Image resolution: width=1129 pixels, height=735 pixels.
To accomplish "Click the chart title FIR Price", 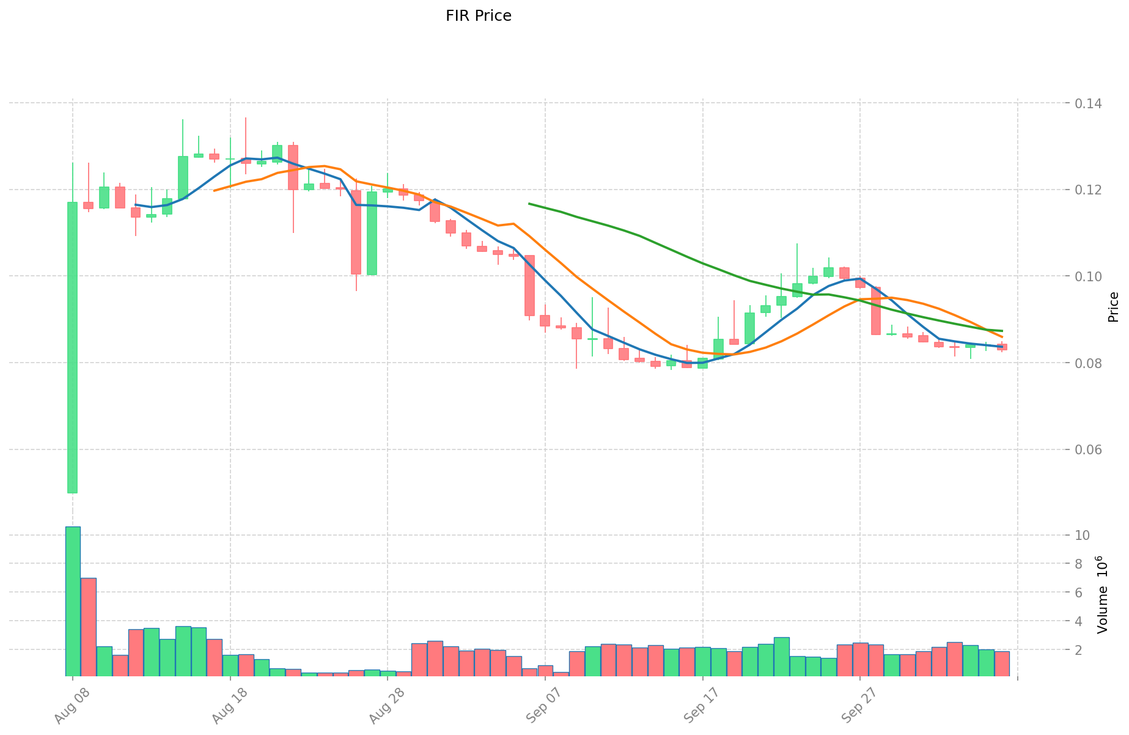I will pos(478,16).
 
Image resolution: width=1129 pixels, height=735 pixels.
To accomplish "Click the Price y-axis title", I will pos(1113,307).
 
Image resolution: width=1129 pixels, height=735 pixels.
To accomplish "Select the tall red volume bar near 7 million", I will pos(89,627).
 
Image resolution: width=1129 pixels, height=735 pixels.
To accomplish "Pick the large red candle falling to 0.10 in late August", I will pos(356,232).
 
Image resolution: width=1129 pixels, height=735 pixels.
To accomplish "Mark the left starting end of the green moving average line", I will pos(529,204).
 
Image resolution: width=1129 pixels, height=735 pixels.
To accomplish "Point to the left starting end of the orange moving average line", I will pos(215,190).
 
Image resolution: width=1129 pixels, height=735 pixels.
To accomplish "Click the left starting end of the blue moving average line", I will pos(136,205).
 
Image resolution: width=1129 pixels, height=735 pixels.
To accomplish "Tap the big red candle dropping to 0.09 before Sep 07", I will pos(529,286).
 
